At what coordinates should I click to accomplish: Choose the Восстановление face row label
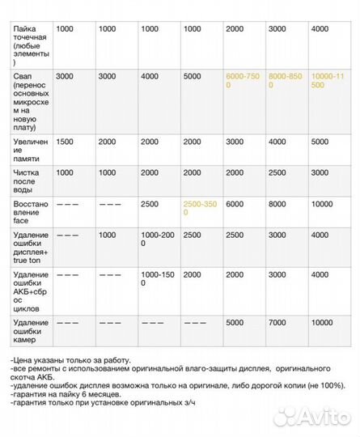tap(31, 211)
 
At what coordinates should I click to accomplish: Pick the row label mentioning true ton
tap(32, 245)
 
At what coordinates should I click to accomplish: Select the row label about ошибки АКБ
tap(32, 290)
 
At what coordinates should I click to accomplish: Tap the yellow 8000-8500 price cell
tap(284, 80)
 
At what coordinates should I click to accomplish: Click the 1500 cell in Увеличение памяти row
tap(66, 141)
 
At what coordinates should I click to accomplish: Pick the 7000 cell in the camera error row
tap(278, 323)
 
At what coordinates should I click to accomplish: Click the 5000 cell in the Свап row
tap(193, 75)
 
